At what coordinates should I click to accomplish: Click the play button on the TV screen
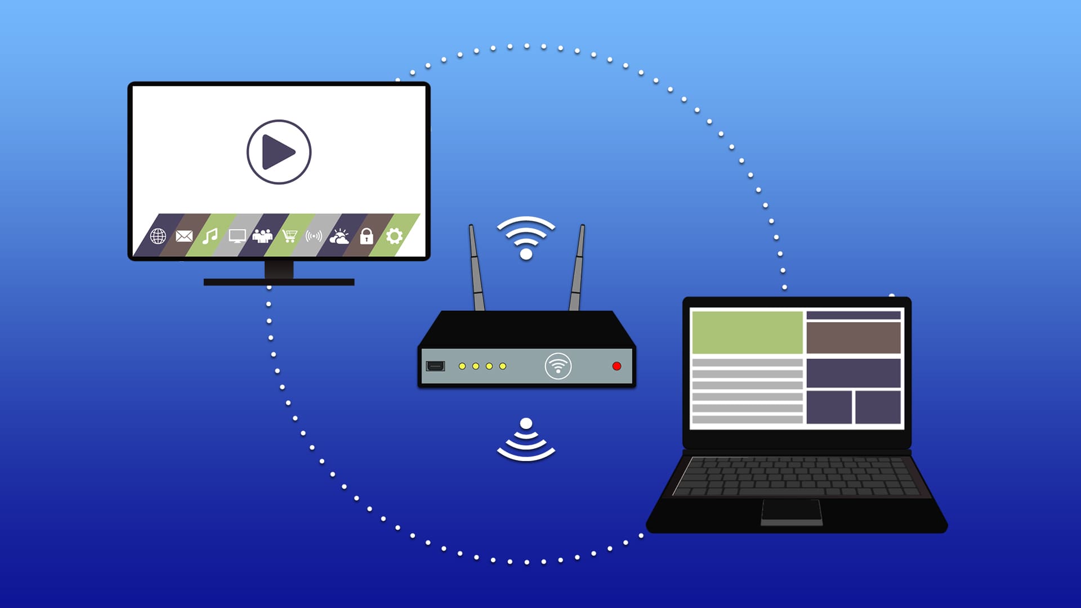coord(279,152)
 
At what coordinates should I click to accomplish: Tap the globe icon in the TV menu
coord(158,236)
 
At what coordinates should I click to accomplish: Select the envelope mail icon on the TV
coord(184,236)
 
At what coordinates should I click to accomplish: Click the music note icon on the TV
coord(210,236)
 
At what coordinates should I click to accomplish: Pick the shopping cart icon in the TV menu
coord(289,236)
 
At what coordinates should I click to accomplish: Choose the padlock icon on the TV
coord(367,236)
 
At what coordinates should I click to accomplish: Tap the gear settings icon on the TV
coord(394,236)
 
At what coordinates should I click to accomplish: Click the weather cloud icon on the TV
coord(339,236)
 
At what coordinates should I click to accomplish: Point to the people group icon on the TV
coord(262,236)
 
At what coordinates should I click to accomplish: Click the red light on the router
coord(617,366)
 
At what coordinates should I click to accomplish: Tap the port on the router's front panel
coord(435,366)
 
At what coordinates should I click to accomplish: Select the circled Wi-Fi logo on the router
coord(558,366)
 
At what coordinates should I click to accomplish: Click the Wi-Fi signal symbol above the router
coord(526,237)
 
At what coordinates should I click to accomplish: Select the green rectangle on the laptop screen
coord(747,332)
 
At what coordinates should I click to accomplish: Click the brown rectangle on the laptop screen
coord(853,337)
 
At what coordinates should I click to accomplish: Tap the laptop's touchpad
coord(791,511)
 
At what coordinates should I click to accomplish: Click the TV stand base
coord(279,282)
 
